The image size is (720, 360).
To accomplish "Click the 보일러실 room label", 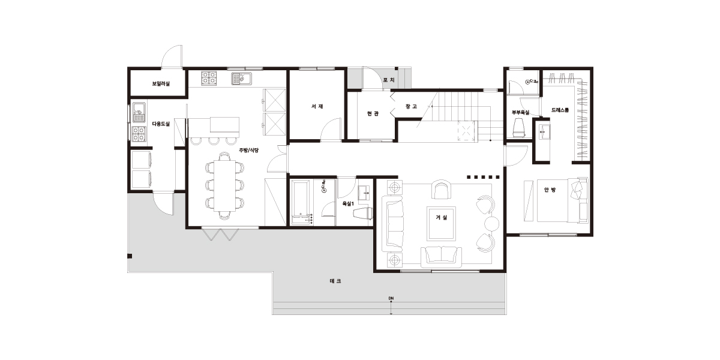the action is (x=161, y=84).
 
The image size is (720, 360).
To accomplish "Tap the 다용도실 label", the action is (x=161, y=124).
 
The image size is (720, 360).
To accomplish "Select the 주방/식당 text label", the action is (x=249, y=150).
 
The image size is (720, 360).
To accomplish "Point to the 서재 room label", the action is (x=317, y=106).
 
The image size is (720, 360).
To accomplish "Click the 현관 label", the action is (x=373, y=113).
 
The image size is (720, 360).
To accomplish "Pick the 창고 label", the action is (x=411, y=106).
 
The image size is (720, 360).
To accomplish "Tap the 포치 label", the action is (x=389, y=80).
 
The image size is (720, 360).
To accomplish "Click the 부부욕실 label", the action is (x=520, y=113).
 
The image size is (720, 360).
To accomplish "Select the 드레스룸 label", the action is (x=560, y=110).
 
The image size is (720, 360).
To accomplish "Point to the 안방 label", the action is (x=550, y=190).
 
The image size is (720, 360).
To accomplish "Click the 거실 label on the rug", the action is (x=442, y=218).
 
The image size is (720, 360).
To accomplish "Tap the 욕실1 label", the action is (x=348, y=203).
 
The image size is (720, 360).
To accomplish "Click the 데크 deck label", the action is (x=335, y=281).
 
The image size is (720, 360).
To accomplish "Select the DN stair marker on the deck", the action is (x=391, y=298).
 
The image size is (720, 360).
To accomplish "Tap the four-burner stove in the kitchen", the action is (x=209, y=78).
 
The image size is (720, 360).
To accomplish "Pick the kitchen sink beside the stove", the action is (x=241, y=79).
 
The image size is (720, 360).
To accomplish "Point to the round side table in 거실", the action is (x=491, y=224).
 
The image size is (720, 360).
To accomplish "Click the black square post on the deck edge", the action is (x=130, y=256).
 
